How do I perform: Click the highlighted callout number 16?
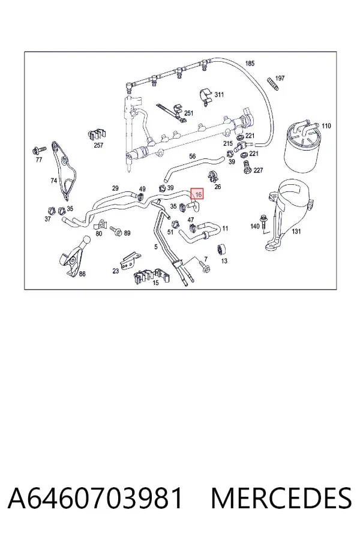[x=198, y=194]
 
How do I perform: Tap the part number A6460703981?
[x=95, y=498]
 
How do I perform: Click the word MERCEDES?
[x=281, y=498]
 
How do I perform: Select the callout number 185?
[x=250, y=63]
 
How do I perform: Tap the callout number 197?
[x=280, y=78]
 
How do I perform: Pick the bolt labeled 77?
[x=38, y=150]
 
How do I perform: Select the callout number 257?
[x=98, y=145]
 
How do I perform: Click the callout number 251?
[x=189, y=113]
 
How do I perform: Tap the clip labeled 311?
[x=206, y=96]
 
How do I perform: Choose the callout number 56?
[x=192, y=156]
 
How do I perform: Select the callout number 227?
[x=258, y=170]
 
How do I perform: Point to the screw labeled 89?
[x=116, y=230]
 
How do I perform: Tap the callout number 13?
[x=224, y=261]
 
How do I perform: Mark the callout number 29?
[x=115, y=188]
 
